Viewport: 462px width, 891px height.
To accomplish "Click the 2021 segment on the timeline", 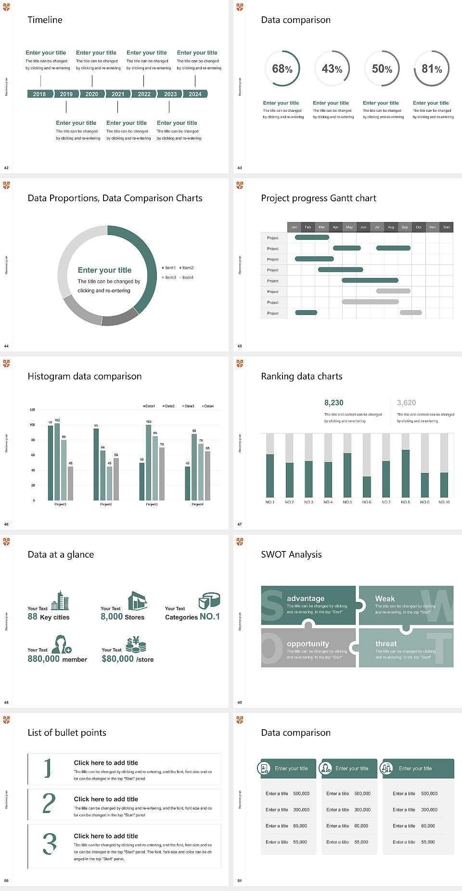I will click(x=118, y=94).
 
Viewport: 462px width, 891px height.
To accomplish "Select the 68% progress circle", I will click(x=282, y=69).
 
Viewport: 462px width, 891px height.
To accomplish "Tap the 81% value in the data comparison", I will click(x=432, y=69).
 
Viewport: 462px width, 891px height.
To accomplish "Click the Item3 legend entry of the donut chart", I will click(x=169, y=277).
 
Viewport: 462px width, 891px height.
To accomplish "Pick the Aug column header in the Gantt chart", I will click(x=391, y=227).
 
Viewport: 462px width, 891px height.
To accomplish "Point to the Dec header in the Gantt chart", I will click(x=447, y=227).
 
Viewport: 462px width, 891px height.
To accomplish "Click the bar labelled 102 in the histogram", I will click(x=57, y=461).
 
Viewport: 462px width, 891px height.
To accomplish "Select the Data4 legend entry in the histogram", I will click(x=208, y=406).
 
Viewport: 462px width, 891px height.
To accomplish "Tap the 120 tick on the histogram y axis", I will click(x=32, y=410).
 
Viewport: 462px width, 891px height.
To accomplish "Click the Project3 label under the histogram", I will click(x=152, y=504).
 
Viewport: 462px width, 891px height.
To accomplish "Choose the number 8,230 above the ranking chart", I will click(x=334, y=403).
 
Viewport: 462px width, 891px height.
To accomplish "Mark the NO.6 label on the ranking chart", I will click(x=367, y=502).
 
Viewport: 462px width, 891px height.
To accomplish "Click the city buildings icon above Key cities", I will click(x=60, y=601).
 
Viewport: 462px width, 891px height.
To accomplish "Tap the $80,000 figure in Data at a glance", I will click(x=117, y=659).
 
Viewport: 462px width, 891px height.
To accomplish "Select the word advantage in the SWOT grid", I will click(x=306, y=598).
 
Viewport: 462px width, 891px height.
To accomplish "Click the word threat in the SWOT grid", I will click(x=386, y=643).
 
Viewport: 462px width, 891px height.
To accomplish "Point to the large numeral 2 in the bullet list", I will click(x=49, y=803).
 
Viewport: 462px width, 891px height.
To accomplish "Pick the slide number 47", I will click(x=240, y=524).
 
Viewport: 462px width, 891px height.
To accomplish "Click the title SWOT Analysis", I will click(x=291, y=554).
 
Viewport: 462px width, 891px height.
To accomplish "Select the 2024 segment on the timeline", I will click(x=195, y=94).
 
